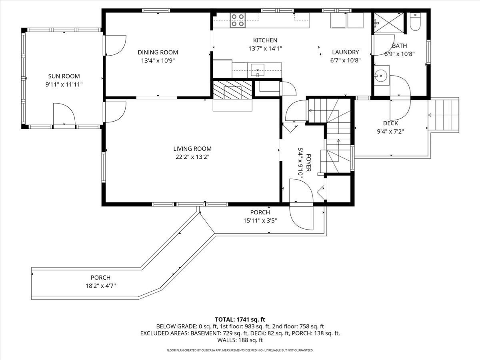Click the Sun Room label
[64, 76]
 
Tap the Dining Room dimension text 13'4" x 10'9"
[158, 61]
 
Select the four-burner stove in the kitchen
[238, 20]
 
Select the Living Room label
[192, 149]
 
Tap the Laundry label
[346, 52]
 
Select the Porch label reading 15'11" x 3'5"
[260, 220]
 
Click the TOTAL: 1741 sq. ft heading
[240, 319]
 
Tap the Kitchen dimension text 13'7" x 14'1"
[265, 48]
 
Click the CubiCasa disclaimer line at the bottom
[240, 350]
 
